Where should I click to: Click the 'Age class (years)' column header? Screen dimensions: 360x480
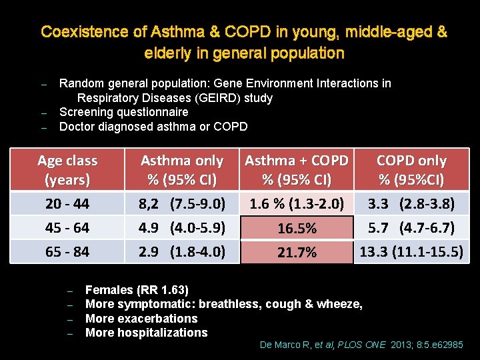[x=67, y=170]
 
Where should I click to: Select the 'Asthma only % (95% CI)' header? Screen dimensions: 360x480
[x=182, y=170]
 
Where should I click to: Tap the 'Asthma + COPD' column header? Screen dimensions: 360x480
[x=297, y=170]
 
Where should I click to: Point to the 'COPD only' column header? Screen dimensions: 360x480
[x=411, y=170]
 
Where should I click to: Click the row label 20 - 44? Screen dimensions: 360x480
[x=67, y=203]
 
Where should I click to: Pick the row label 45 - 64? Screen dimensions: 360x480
[x=67, y=228]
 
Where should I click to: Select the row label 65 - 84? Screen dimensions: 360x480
[x=67, y=252]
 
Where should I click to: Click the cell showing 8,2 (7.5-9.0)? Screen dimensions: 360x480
[x=182, y=203]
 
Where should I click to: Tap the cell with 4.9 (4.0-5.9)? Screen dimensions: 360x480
[x=182, y=228]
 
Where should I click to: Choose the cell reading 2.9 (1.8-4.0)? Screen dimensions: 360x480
[x=182, y=252]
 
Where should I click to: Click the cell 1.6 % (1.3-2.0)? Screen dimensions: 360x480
[x=297, y=203]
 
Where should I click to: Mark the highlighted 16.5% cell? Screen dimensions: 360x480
[x=297, y=229]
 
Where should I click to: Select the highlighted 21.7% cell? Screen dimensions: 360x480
[x=297, y=253]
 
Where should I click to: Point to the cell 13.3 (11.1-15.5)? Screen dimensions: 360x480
[x=411, y=252]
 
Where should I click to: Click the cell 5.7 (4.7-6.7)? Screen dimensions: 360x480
[x=411, y=228]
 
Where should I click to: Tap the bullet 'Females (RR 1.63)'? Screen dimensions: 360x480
[x=137, y=290]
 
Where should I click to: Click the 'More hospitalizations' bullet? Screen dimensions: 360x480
[x=147, y=333]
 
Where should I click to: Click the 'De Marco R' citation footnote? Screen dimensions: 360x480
[x=360, y=345]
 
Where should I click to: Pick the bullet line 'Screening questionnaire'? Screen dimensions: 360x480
[x=124, y=112]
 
